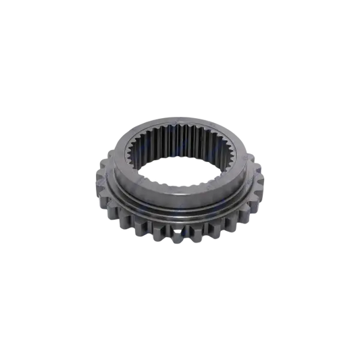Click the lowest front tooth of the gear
click(x=180, y=236)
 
